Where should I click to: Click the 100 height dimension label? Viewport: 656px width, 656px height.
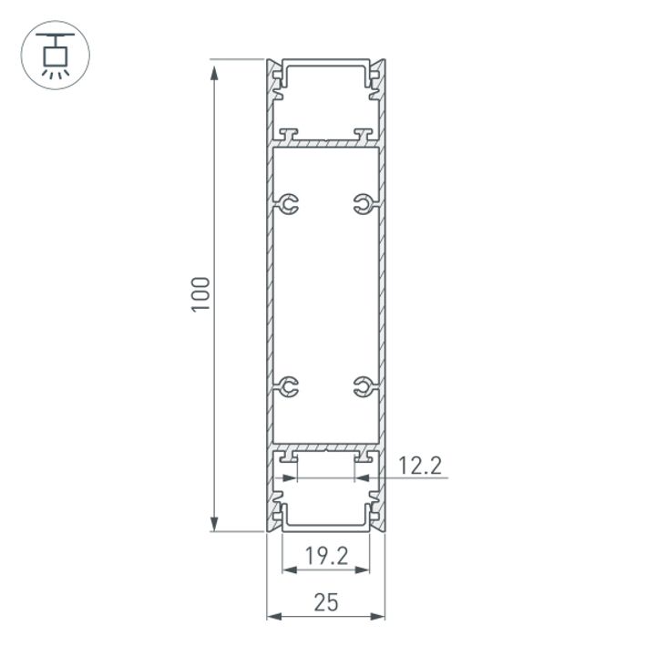[201, 293]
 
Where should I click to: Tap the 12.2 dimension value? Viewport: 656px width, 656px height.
[420, 466]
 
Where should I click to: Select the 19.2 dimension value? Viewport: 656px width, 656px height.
[325, 556]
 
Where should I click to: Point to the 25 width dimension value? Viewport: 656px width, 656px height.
[325, 601]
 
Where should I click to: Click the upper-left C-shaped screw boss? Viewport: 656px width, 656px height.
[289, 205]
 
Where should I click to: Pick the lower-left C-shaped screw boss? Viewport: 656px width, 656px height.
[289, 387]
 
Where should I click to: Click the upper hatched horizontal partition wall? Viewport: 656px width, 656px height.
[325, 144]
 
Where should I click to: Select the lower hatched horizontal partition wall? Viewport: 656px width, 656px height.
[325, 449]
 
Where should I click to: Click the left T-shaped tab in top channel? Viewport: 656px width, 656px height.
[289, 135]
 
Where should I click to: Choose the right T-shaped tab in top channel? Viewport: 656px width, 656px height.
[364, 135]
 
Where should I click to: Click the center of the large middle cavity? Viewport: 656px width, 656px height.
[325, 296]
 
